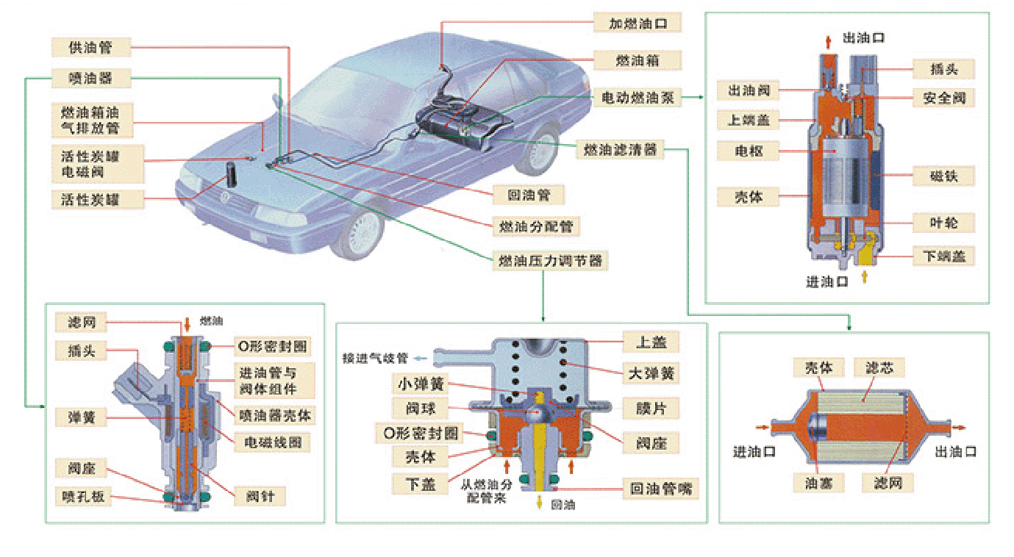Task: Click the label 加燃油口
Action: point(638,23)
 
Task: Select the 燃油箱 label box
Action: point(638,60)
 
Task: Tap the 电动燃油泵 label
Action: point(638,96)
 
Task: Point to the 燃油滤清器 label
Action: point(618,150)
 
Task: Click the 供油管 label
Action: point(90,48)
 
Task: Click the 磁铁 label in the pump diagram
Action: point(943,176)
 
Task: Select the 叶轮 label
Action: point(943,223)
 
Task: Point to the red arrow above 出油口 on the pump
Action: point(829,40)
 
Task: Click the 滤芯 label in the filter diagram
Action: point(880,367)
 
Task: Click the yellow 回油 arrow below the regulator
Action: point(540,503)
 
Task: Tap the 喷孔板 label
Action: point(83,497)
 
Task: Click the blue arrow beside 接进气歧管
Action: point(421,359)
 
